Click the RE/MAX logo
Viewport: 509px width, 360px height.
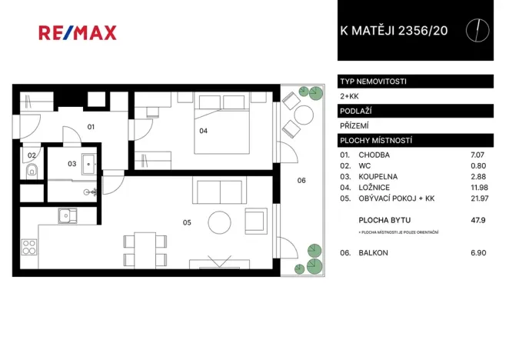point(78,32)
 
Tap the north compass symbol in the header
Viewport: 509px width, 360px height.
point(478,30)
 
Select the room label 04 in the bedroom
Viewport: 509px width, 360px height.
point(203,131)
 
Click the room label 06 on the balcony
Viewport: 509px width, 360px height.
point(301,181)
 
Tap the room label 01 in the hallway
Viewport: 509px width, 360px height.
point(90,126)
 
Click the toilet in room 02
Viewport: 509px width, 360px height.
point(32,171)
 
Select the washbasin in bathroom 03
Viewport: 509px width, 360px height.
point(89,162)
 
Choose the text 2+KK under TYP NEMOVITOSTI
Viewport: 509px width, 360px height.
point(348,95)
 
